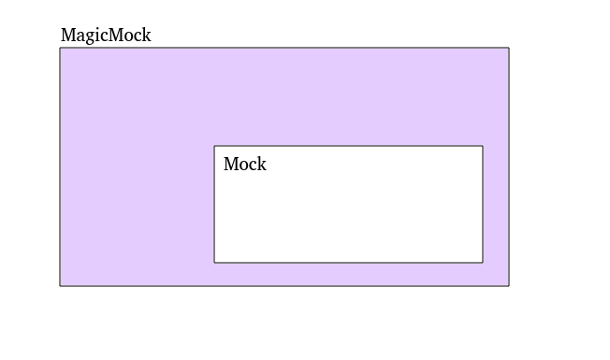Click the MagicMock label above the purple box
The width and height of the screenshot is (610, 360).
coord(106,36)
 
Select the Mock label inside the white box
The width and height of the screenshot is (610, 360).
coord(244,165)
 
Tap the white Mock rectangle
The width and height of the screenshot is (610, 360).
coord(348,215)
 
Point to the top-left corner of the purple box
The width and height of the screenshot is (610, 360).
coord(60,48)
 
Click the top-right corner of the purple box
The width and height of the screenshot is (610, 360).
coord(509,48)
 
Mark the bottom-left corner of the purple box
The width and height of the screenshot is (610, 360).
coord(60,286)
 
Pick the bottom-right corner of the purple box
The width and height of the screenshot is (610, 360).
coord(509,286)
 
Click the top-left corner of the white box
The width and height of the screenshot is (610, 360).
coord(214,146)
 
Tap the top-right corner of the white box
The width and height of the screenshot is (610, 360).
coord(483,146)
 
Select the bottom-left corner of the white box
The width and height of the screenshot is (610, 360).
coord(214,263)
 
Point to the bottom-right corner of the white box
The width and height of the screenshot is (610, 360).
coord(483,263)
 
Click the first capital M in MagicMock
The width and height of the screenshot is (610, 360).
coord(67,36)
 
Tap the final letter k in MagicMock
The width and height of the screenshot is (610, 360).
coord(146,36)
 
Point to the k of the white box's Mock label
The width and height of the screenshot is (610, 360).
coord(262,165)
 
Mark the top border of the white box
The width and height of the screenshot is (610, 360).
coord(348,146)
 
